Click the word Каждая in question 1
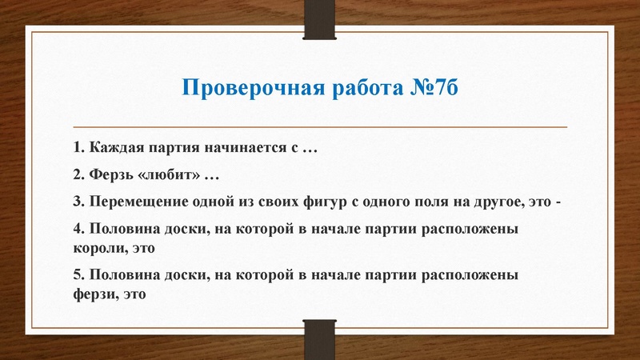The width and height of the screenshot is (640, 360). (115, 149)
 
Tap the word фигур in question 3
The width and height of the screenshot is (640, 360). (357, 200)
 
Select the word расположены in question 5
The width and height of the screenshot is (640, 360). (474, 274)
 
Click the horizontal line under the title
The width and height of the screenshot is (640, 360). (320, 127)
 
